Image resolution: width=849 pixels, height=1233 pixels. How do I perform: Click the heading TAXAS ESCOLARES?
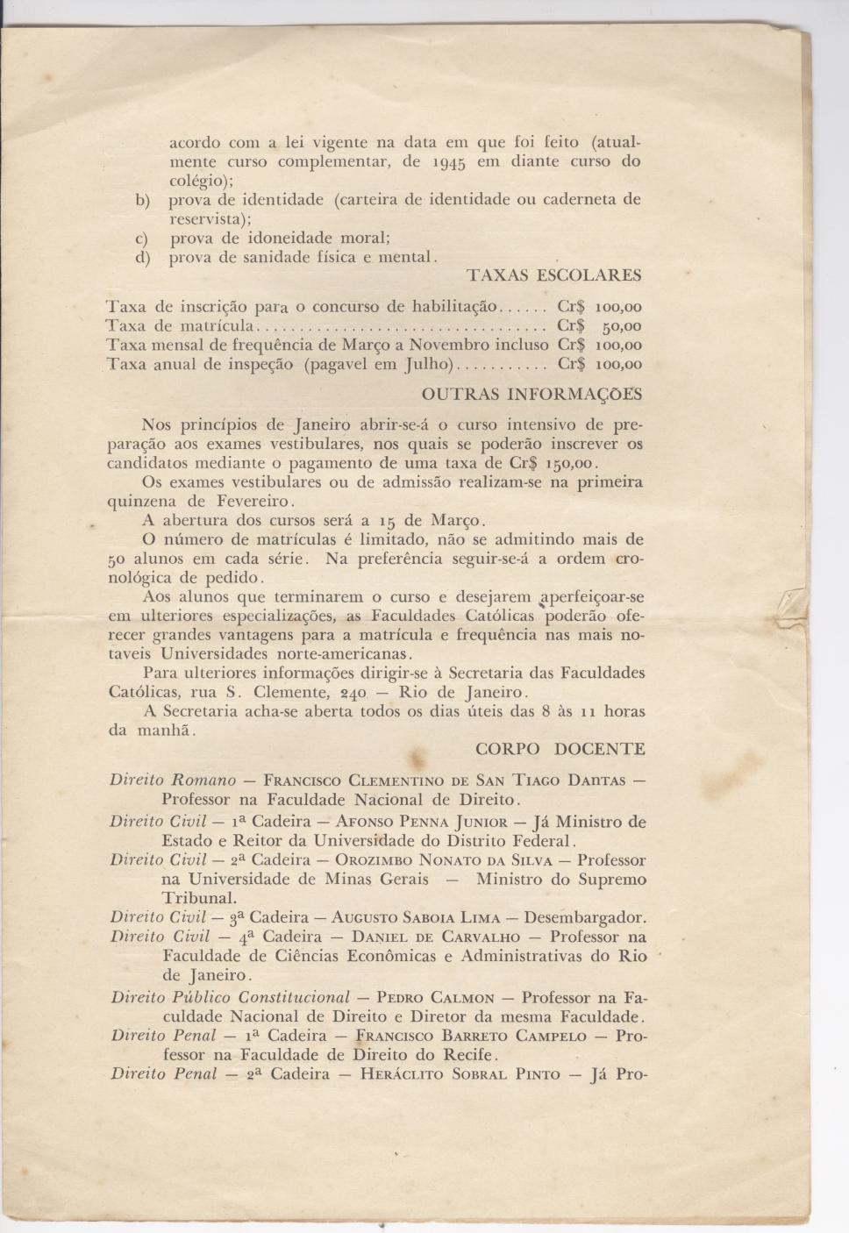pyautogui.click(x=553, y=275)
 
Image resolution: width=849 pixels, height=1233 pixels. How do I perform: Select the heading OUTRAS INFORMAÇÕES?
pyautogui.click(x=532, y=394)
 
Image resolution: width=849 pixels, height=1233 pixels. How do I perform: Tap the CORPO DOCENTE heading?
pyautogui.click(x=560, y=749)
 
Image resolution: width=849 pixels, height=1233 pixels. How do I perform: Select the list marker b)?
pyautogui.click(x=143, y=200)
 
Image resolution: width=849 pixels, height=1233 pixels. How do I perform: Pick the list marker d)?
pyautogui.click(x=142, y=258)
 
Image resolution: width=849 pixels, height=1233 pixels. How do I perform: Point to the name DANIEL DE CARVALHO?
pyautogui.click(x=436, y=937)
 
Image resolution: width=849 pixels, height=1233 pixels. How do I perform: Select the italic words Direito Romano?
pyautogui.click(x=173, y=780)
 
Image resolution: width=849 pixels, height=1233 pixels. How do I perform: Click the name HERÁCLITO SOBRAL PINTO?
pyautogui.click(x=460, y=1074)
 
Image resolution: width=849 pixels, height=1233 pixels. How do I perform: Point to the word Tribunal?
pyautogui.click(x=199, y=898)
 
